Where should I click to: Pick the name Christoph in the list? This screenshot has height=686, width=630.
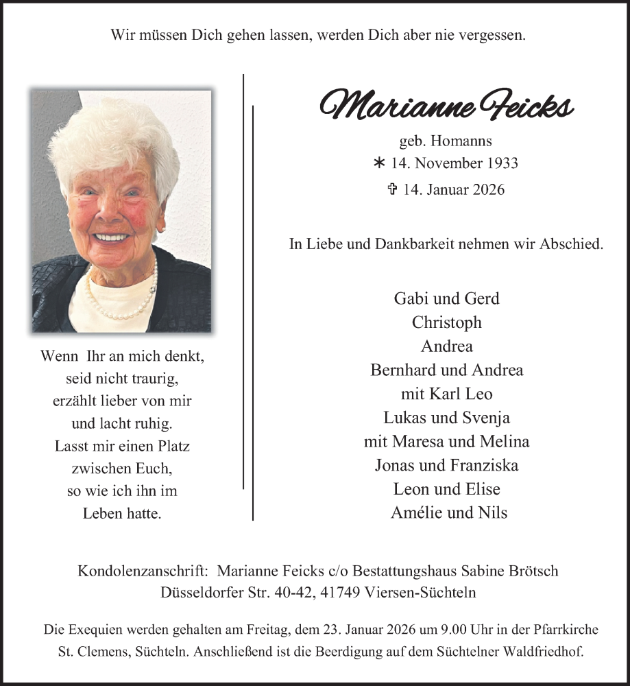[447, 322]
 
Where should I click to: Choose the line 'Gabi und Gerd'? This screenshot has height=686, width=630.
[447, 298]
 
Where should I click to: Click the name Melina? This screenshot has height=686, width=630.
[506, 442]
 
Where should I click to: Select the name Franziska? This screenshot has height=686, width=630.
[485, 465]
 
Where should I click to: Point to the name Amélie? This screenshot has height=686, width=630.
[417, 512]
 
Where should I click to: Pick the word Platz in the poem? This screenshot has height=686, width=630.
[172, 446]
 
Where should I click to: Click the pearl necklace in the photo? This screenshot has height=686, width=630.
[122, 303]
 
